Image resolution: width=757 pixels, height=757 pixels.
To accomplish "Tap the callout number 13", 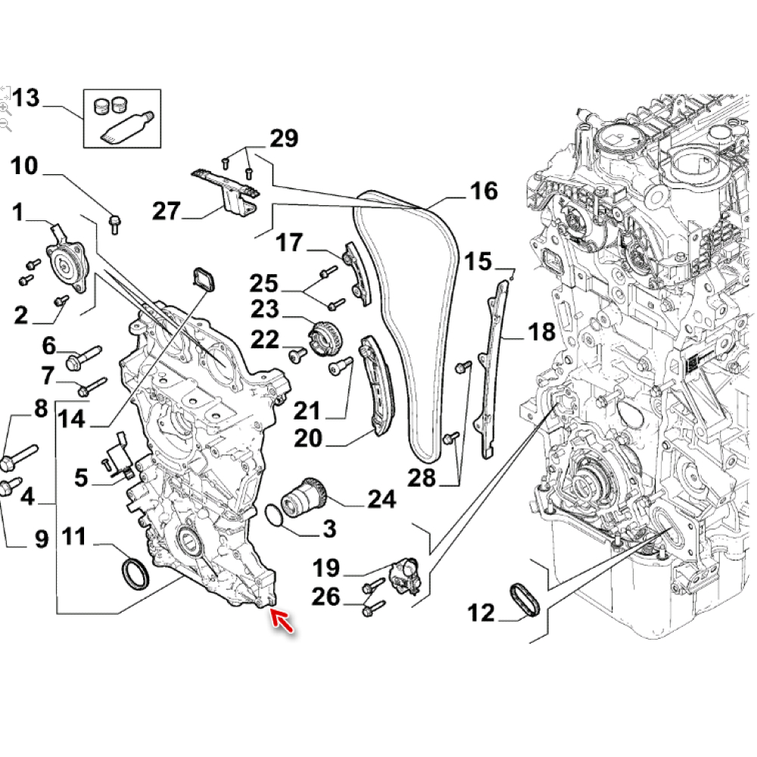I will click(x=24, y=98).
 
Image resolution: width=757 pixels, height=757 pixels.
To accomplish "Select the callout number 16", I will click(x=483, y=191).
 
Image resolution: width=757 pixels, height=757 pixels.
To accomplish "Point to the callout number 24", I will click(x=382, y=499).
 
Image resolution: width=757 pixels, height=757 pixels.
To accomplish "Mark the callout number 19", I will click(x=326, y=567).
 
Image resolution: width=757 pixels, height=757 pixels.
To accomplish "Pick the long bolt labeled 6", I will click(x=84, y=357).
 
